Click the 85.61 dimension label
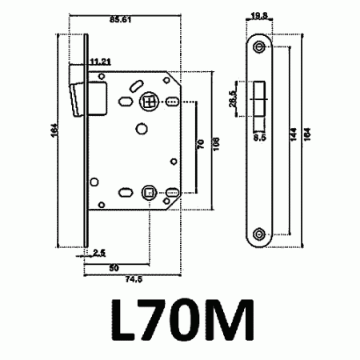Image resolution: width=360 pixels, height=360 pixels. (x=120, y=18)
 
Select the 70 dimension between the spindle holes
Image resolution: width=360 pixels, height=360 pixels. (x=202, y=144)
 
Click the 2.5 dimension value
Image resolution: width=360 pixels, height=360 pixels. (x=99, y=252)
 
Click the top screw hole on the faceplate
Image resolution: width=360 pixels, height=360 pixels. (x=259, y=48)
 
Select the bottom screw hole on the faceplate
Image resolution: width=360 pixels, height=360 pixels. (x=259, y=234)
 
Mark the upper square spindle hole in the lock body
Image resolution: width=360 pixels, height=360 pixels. (x=148, y=102)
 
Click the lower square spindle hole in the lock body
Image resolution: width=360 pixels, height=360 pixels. (x=148, y=190)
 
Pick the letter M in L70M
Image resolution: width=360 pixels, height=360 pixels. (x=230, y=322)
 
